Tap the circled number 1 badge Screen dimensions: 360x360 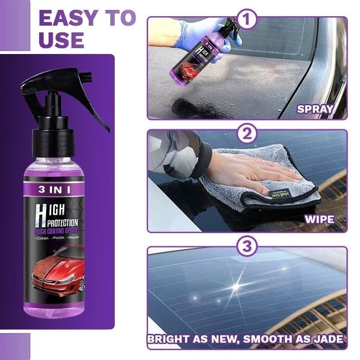point(247,20)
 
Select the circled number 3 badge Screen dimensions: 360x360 point(247,247)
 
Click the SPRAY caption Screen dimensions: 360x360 point(315,108)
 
